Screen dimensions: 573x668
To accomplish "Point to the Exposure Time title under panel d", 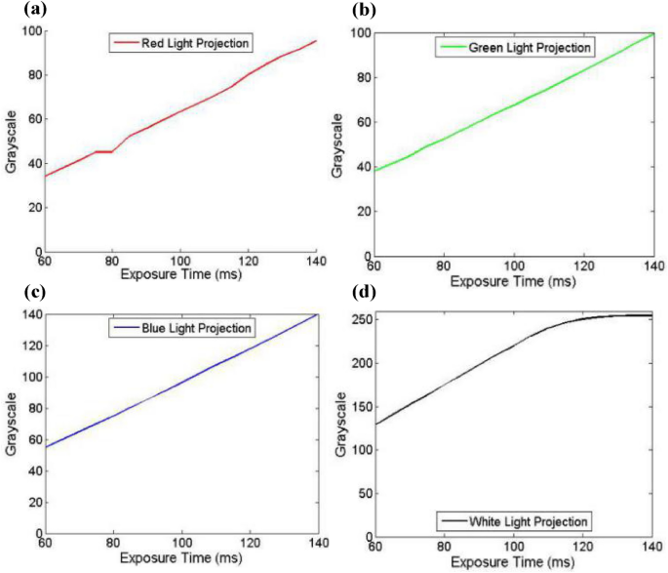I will [512, 563].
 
